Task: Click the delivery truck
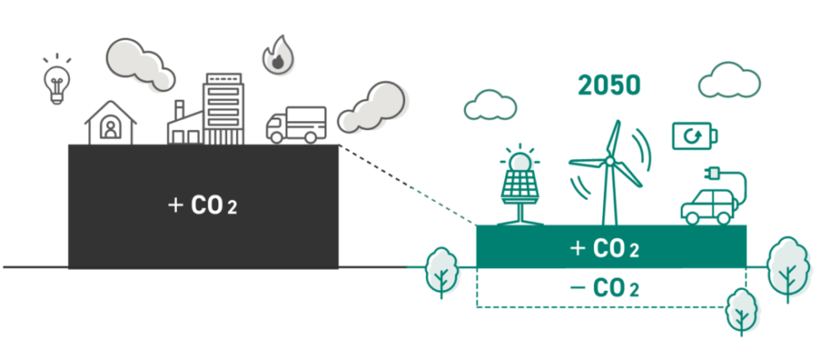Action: [296, 125]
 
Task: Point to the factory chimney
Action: [179, 111]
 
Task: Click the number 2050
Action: [609, 86]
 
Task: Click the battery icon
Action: [695, 136]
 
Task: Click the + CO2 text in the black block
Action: [202, 206]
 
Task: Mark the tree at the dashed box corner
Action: [741, 310]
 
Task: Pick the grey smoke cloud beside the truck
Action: [371, 105]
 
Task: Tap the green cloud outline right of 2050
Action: [729, 80]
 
